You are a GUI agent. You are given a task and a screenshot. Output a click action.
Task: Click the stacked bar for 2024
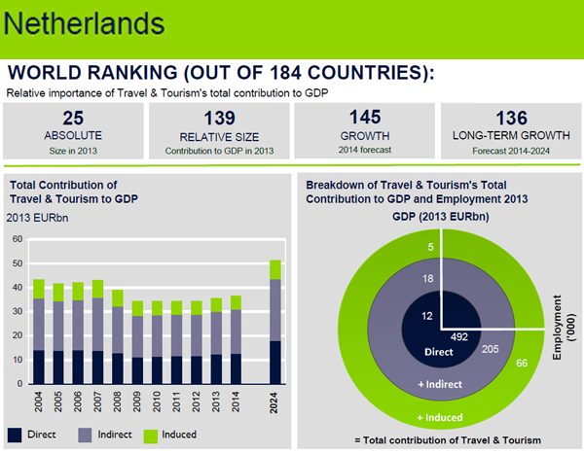276,322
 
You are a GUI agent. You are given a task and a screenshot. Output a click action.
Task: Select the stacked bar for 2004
39,332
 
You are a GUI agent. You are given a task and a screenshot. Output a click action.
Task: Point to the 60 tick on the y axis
16,239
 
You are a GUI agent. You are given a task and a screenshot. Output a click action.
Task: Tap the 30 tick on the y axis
16,311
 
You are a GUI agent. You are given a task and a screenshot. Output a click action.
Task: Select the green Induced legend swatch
153,434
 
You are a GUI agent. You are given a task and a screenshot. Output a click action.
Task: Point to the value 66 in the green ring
522,363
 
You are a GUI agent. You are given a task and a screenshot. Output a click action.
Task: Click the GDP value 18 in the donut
428,278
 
